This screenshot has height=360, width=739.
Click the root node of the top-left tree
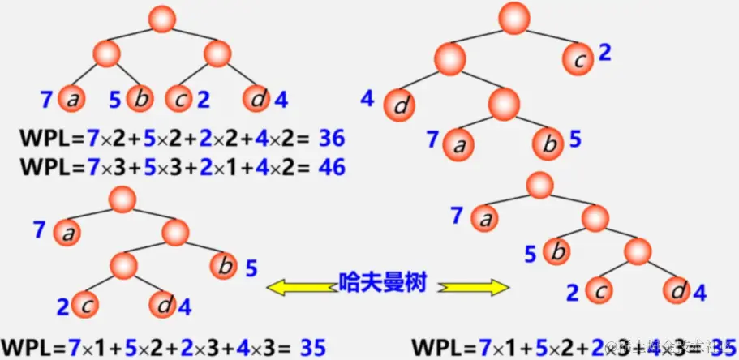164,19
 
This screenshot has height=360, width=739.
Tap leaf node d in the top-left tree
257,99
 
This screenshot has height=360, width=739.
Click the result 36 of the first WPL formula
333,138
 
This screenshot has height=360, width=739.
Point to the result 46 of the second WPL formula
333,166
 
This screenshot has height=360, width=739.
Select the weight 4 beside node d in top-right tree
367,100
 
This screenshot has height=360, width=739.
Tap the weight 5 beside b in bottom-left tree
251,267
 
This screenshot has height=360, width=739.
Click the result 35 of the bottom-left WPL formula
312,348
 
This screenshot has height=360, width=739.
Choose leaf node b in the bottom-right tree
556,252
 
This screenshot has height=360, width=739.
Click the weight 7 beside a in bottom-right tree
456,216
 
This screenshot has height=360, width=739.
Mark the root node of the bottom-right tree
539,185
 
